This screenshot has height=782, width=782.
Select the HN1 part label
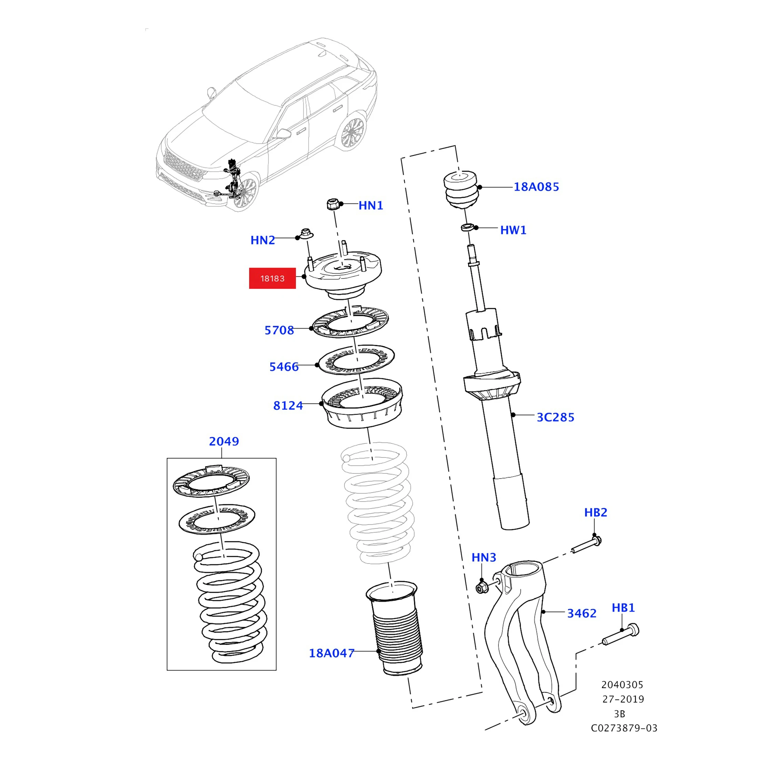370,205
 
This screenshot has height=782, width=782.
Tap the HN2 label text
262,240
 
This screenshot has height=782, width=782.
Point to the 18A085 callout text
536,187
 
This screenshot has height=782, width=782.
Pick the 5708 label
279,330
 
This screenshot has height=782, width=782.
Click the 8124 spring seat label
288,405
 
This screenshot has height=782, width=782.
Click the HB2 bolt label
595,512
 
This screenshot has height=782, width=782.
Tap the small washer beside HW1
468,227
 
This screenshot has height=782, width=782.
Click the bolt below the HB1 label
621,635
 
